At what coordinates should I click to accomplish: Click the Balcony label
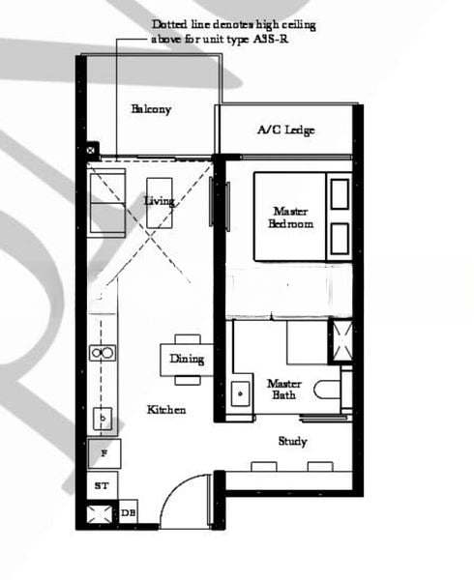(151, 109)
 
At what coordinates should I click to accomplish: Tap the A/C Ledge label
(285, 130)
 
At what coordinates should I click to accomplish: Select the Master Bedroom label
(291, 217)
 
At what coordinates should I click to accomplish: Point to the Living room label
(159, 201)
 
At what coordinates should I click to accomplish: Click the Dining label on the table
(187, 360)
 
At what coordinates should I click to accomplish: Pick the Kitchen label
(165, 410)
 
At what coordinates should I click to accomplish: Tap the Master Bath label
(283, 389)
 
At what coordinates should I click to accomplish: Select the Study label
(292, 441)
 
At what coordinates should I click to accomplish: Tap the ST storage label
(101, 484)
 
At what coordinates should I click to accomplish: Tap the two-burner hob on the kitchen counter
(101, 353)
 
